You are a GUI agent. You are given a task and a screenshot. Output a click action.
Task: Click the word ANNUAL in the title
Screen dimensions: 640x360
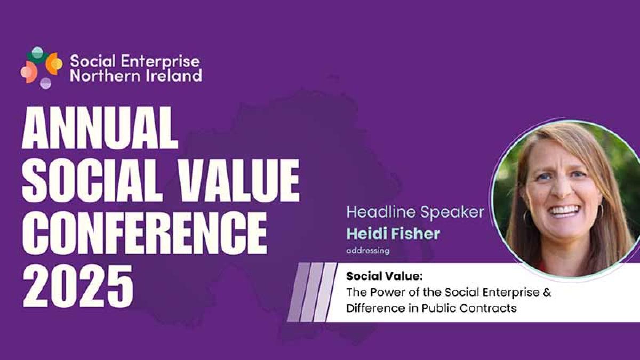pos(100,127)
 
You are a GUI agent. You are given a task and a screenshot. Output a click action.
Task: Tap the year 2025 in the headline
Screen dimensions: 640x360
pos(78,285)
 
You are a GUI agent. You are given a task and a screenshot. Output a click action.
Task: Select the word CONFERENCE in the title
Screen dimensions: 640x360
pos(145,233)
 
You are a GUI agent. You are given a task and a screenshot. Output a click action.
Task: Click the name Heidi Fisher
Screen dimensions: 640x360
pos(393,234)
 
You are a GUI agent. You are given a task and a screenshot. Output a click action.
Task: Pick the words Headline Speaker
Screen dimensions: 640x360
pos(415,212)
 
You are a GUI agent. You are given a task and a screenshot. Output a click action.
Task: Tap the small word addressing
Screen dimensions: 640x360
pos(367,251)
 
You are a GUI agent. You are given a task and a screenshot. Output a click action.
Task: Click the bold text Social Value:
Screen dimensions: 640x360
pos(385,276)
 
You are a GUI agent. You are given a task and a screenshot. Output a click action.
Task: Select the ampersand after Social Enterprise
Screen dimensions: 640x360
pos(547,292)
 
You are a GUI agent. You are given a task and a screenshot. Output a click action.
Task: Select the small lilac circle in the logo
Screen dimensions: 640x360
pos(46,83)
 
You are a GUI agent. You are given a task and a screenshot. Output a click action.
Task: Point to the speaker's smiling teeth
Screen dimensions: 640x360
pos(565,211)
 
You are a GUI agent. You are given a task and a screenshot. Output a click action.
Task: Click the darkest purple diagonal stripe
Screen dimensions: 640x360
pos(299,292)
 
